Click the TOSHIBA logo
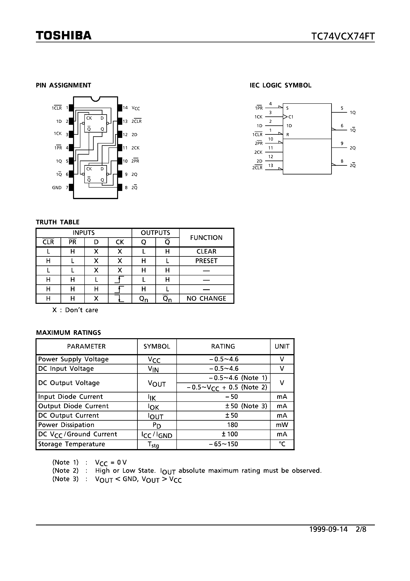(64, 35)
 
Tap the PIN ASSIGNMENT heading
(64, 85)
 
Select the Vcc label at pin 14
(136, 108)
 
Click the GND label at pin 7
(57, 188)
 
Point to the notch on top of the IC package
(95, 99)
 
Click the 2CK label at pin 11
(136, 148)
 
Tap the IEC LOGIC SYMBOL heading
(280, 85)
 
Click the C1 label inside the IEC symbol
(291, 117)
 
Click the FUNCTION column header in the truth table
(206, 238)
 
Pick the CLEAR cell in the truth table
(206, 251)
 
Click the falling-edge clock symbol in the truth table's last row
(120, 299)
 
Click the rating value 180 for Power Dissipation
(232, 425)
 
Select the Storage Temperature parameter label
(71, 444)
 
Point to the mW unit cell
(282, 425)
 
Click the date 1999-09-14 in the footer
(328, 529)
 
